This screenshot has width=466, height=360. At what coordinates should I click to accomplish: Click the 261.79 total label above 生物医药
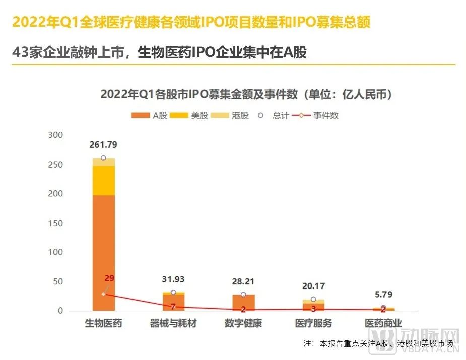click(103, 145)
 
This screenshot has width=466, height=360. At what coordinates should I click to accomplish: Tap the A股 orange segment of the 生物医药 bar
click(103, 252)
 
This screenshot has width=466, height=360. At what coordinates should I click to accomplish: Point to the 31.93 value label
click(173, 279)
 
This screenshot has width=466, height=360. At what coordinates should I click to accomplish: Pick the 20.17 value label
click(313, 286)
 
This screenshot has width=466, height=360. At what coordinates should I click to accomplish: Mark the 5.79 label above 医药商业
click(383, 295)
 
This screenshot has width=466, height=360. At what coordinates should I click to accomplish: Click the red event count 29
click(110, 278)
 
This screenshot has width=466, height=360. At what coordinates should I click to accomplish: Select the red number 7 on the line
click(173, 306)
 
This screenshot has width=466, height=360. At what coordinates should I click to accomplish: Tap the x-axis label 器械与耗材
click(173, 323)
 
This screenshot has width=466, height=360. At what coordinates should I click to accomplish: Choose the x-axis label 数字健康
click(243, 323)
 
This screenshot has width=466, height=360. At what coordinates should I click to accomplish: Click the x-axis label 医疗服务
click(313, 323)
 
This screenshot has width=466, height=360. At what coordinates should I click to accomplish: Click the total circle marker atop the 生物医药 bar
click(103, 158)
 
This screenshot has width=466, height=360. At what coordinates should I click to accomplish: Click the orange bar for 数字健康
click(243, 303)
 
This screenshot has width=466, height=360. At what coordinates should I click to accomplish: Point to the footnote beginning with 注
click(378, 344)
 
